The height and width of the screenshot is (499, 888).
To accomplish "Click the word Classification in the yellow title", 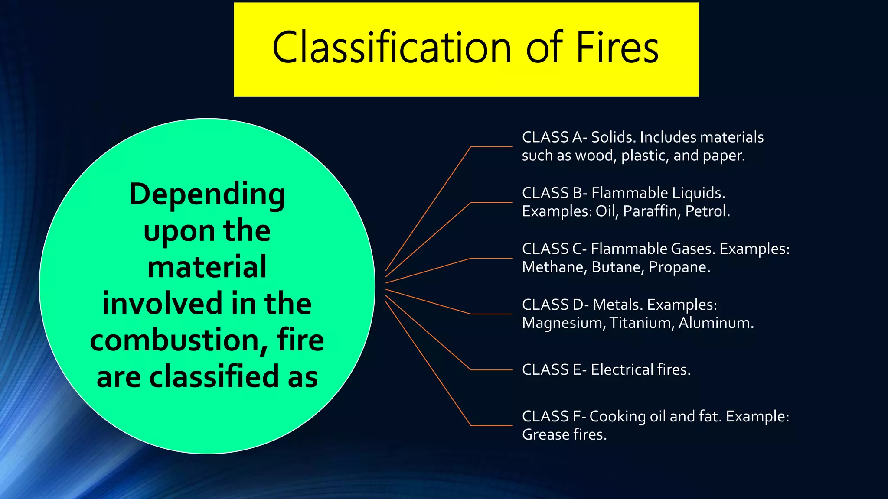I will pyautogui.click(x=392, y=48).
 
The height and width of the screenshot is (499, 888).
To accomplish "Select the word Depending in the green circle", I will pyautogui.click(x=207, y=194).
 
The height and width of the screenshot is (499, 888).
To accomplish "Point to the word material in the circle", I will pyautogui.click(x=207, y=267).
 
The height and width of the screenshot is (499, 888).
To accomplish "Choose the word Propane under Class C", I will pyautogui.click(x=679, y=267).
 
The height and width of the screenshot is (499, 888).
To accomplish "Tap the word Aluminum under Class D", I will pyautogui.click(x=715, y=323).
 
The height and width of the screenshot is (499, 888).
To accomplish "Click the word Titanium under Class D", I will pyautogui.click(x=641, y=323).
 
